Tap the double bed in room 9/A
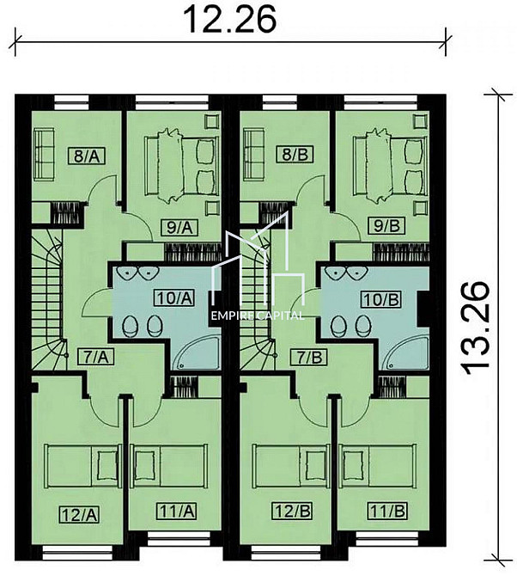[x=176, y=164]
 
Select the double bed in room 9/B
[x=386, y=164]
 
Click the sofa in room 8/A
[x=42, y=154]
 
